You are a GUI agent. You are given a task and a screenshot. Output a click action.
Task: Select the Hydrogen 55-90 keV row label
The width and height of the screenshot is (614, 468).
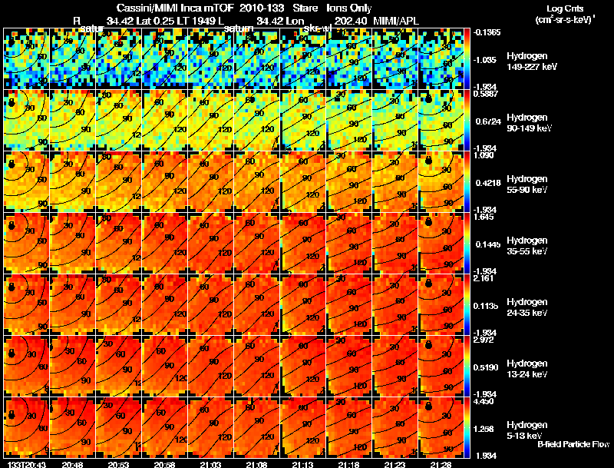coord(527,184)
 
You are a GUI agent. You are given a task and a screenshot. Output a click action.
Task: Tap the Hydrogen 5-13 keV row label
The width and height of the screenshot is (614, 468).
coord(525,430)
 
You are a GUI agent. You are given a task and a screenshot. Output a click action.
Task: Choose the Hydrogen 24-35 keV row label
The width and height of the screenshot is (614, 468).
coord(527,307)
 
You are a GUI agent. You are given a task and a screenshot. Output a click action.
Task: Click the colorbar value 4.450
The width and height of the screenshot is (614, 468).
coord(485,401)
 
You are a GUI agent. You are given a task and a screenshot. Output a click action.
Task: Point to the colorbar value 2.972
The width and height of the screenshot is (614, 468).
coord(485,340)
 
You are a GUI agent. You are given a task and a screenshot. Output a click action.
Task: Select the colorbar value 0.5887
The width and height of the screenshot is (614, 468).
coord(485,94)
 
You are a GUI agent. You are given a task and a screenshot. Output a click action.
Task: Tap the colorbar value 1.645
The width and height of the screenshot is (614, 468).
coord(485,217)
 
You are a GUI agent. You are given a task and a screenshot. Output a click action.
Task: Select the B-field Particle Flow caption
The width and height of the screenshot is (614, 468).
coord(573,444)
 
